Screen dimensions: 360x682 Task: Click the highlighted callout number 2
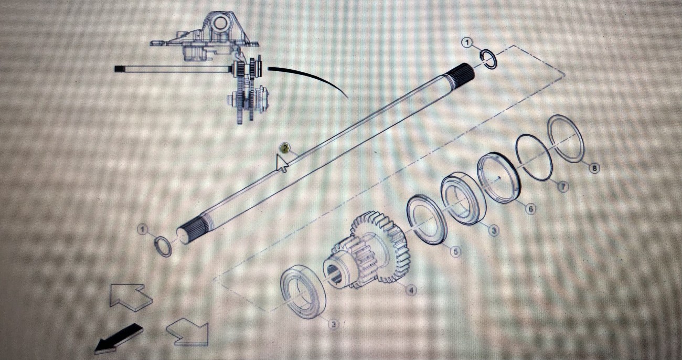[x=284, y=147]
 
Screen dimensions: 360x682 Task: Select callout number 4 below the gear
[x=411, y=290]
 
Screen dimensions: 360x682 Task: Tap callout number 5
[x=455, y=252]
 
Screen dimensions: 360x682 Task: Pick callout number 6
[x=530, y=209]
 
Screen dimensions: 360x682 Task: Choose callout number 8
[x=593, y=168]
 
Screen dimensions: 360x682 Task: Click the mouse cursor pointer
[x=282, y=163]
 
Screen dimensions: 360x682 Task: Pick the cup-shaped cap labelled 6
[x=498, y=177]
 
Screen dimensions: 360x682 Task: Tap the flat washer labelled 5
[x=427, y=219]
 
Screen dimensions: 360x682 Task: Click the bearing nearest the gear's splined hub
[x=303, y=292]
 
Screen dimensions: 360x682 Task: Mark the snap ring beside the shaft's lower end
[x=163, y=246]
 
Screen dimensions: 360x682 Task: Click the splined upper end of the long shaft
[x=461, y=72]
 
